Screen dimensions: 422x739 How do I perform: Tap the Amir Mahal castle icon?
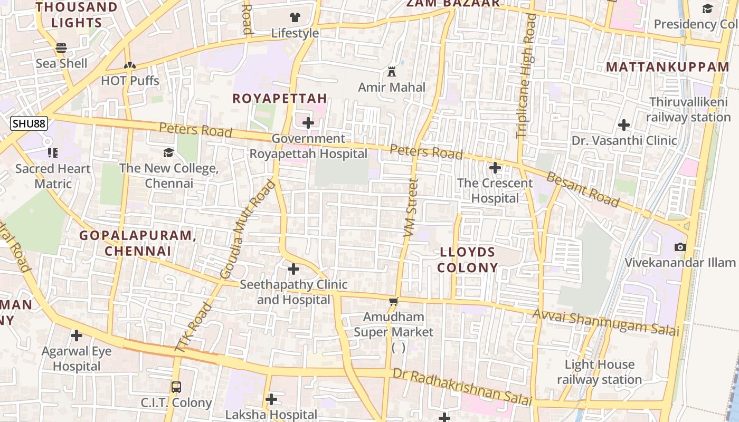click(x=392, y=72)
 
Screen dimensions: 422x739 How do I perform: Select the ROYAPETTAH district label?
click(x=280, y=99)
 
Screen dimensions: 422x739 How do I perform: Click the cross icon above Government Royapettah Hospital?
click(x=308, y=123)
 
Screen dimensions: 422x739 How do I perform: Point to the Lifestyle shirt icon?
click(x=295, y=17)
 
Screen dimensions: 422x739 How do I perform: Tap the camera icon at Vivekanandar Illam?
click(x=680, y=247)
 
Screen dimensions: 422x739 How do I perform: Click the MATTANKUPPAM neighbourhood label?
click(x=667, y=67)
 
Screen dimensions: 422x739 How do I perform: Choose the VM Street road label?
click(x=410, y=207)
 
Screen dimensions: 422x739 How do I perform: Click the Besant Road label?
click(x=583, y=189)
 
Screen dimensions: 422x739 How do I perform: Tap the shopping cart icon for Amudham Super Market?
click(x=393, y=302)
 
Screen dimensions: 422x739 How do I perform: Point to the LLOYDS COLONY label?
click(x=468, y=260)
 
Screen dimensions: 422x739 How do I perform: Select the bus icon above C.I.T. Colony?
click(x=176, y=387)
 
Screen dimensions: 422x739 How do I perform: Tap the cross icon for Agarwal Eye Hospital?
click(x=77, y=335)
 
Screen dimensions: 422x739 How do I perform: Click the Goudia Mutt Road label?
click(x=248, y=229)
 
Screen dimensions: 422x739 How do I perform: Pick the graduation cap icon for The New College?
click(x=168, y=152)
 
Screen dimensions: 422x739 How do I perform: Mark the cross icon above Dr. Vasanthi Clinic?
click(x=624, y=125)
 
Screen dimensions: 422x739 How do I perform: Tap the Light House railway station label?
click(x=600, y=372)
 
